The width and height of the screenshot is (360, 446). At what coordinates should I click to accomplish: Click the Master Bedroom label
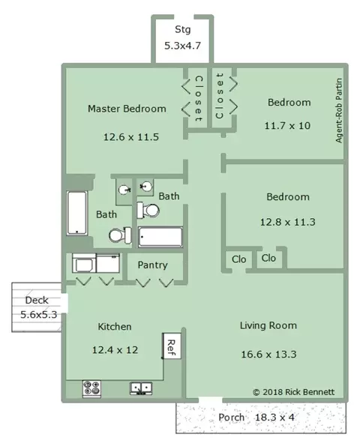coord(127,109)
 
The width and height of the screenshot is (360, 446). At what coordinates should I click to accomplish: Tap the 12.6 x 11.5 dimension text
coord(131,137)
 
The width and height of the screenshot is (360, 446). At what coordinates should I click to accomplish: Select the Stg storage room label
coord(183,29)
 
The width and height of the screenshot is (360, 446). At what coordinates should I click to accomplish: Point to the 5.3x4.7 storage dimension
coord(183,46)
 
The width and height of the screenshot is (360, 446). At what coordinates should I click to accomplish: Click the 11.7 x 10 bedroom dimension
coord(287,126)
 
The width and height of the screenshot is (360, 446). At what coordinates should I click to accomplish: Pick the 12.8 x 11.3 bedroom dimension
coord(288,222)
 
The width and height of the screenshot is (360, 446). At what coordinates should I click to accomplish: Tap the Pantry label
coord(152,265)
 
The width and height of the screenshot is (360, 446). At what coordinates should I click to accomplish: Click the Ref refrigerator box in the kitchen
coord(172,346)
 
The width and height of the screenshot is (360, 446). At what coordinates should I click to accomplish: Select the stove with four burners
coord(91,388)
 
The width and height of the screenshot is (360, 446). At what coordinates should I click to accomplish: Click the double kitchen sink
coord(141,388)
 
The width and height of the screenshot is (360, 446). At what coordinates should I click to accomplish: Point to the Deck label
coord(37,300)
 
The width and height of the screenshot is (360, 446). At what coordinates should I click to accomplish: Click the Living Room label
coord(268,325)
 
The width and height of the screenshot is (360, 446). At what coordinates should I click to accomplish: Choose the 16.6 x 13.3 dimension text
coord(268,355)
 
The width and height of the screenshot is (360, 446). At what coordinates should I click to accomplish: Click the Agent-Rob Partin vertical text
coord(339,111)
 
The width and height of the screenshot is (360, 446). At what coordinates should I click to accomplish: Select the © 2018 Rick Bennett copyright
coord(294,392)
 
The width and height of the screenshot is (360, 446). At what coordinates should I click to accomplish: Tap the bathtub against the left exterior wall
coord(76,213)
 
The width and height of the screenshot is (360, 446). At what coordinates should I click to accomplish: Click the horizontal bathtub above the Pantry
coord(160,237)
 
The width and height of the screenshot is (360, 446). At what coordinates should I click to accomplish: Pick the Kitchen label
coord(115,327)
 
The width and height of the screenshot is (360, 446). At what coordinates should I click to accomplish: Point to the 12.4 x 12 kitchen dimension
coord(115,350)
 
